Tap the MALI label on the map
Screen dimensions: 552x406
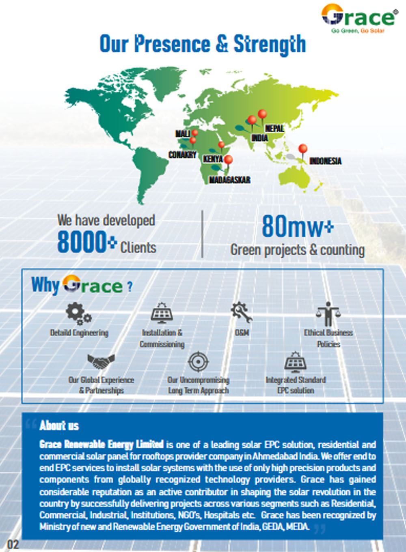point(182,133)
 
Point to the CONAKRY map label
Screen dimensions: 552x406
point(182,155)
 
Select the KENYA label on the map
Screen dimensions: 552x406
point(213,159)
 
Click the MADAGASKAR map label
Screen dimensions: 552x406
point(229,180)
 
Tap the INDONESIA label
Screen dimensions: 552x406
point(325,161)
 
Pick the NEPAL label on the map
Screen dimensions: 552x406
point(274,129)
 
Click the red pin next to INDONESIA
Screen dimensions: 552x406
point(302,149)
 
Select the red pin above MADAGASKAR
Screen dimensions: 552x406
point(229,160)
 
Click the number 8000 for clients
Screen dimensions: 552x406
point(82,242)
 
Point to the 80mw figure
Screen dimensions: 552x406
point(292,226)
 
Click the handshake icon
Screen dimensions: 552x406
point(101,361)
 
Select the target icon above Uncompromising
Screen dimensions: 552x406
point(198,362)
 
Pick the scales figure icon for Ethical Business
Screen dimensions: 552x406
point(328,314)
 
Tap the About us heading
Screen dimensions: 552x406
point(59,425)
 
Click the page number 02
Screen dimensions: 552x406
point(13,544)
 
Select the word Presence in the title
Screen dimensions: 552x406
point(172,44)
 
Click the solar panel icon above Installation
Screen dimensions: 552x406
point(162,314)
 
